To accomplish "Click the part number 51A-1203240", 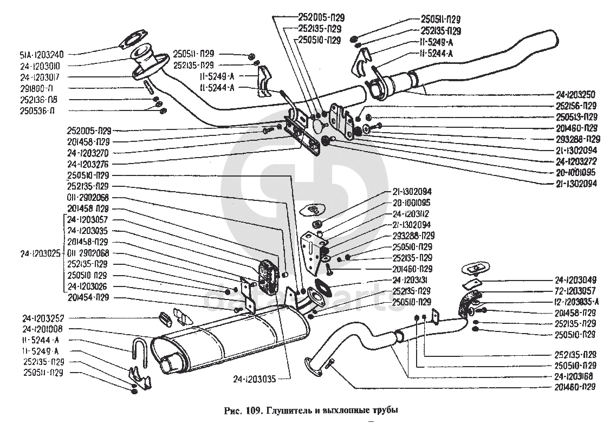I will pos(41,54).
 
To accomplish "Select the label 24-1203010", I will pos(41,66).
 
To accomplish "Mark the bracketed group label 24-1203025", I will pos(41,253).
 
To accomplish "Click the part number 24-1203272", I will pos(576,161).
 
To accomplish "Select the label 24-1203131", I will pos(413,280).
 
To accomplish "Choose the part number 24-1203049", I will pos(576,281).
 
